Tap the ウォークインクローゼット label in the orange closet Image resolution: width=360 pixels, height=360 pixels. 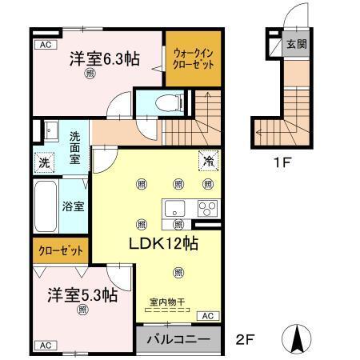tap(190, 58)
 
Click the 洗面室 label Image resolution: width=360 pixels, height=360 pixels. tap(74, 147)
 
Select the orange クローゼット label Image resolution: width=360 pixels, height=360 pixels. tap(61, 250)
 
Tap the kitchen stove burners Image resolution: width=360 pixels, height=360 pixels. tap(208, 210)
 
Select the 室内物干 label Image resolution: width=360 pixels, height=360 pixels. tap(167, 302)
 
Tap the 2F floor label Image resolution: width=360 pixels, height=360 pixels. tap(246, 339)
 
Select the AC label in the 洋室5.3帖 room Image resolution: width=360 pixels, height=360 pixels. tap(45, 345)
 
